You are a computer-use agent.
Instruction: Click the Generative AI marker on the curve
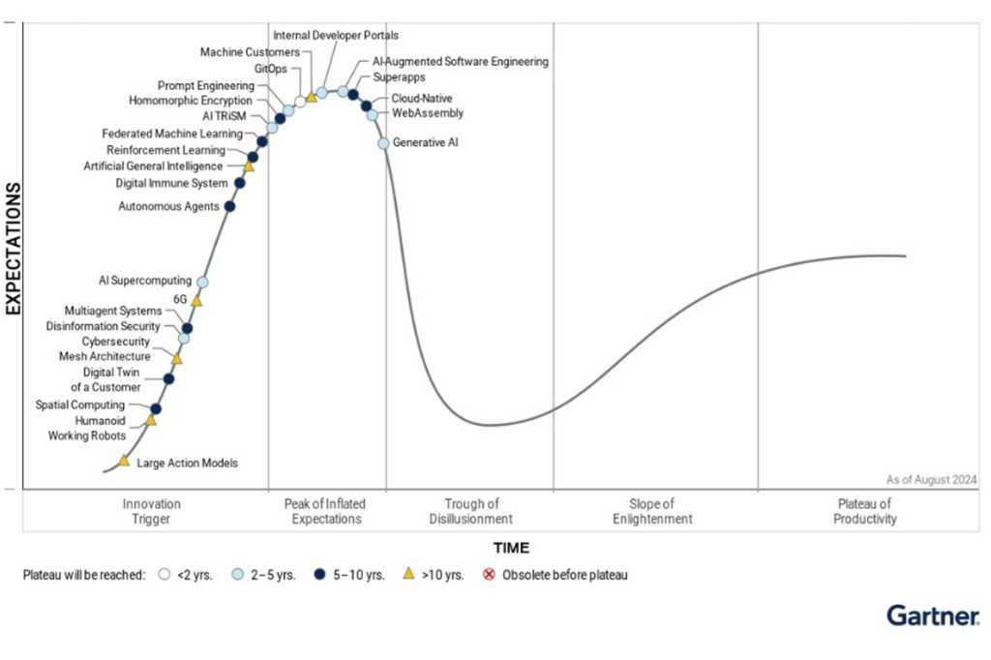coord(383,143)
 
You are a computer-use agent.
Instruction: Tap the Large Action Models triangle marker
coord(124,461)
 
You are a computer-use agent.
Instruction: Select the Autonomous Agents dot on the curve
coord(229,206)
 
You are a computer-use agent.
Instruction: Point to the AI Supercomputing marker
coord(202,282)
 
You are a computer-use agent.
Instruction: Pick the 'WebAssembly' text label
coord(427,113)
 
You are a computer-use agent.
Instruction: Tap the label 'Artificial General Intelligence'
coord(153,166)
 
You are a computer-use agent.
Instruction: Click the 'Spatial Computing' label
coord(80,405)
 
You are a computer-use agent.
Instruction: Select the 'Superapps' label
coord(399,77)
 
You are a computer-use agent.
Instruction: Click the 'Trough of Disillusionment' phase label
coord(471,511)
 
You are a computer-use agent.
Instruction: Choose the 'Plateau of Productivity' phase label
coord(864,511)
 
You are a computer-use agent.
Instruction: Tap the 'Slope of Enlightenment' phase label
coord(652,511)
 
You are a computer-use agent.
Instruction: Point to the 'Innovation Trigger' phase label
coord(152,511)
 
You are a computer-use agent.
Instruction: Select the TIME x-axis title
coord(511,548)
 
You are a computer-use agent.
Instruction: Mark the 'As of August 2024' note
coord(931,479)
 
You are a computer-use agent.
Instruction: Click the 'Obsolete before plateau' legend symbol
coord(489,575)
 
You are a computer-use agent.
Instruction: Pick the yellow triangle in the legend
coord(408,574)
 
